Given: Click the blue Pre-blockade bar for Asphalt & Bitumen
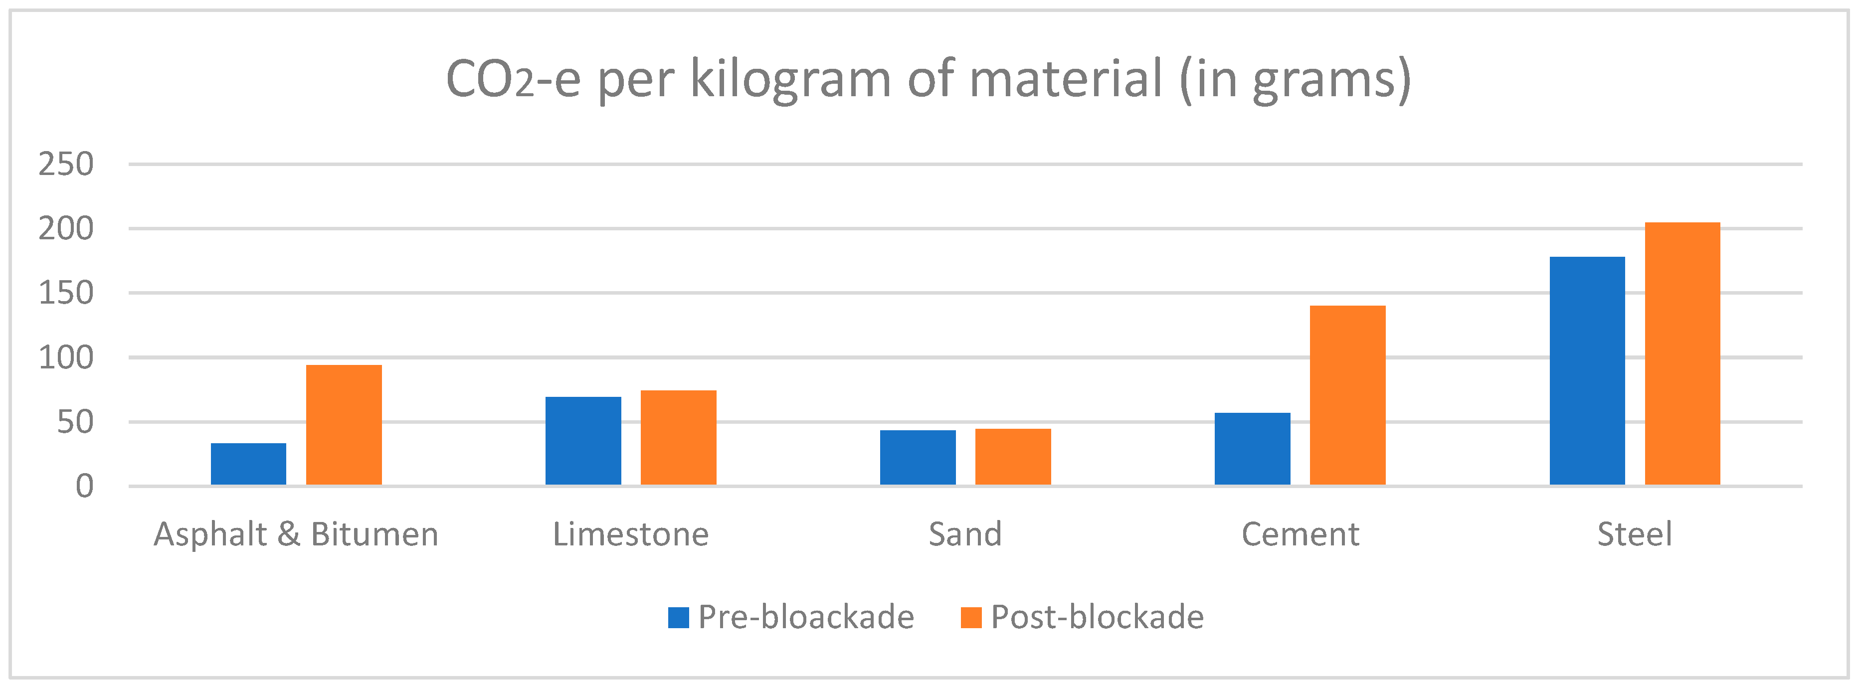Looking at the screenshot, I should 248,464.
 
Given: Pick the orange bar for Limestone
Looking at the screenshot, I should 679,438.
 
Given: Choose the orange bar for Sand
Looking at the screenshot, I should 1013,457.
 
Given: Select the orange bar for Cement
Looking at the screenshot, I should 1347,395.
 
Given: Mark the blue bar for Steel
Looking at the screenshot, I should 1587,370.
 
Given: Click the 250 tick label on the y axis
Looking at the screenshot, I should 66,165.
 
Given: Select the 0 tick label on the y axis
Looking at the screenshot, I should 85,487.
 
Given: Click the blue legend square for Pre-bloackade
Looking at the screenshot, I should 678,617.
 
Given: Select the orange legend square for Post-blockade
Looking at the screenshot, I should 970,617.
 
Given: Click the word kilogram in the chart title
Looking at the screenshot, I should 790,80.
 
